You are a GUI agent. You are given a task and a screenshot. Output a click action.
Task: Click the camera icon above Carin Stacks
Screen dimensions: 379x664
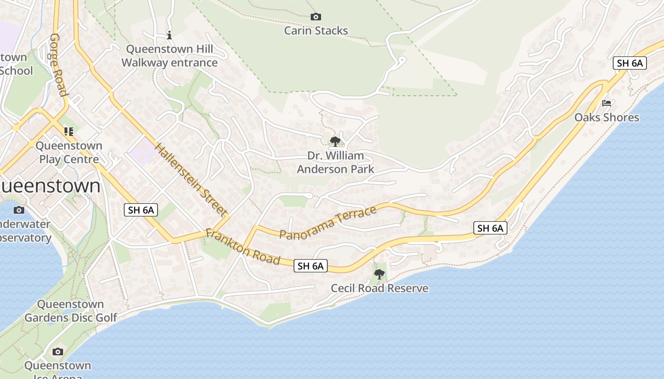tap(315, 17)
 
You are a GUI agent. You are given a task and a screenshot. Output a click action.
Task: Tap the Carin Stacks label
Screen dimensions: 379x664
tap(316, 31)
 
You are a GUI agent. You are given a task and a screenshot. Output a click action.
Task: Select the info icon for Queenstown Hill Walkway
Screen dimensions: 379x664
tap(169, 35)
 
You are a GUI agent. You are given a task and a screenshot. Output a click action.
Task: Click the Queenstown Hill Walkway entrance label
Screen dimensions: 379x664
tap(169, 56)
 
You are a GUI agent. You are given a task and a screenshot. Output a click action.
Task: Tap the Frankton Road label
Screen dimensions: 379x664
tap(243, 246)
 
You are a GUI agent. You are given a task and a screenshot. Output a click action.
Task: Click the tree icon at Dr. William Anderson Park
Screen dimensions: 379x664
tap(335, 141)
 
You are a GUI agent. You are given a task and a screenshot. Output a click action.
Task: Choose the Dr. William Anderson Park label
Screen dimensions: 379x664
tap(335, 162)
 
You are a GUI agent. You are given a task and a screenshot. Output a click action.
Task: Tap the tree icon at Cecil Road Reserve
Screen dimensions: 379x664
tap(379, 274)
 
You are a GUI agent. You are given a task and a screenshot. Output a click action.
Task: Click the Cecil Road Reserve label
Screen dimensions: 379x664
tap(379, 288)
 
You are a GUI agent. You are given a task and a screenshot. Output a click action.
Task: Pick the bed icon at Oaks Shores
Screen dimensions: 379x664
tap(606, 103)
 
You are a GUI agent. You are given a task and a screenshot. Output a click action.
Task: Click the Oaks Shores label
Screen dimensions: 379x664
tap(607, 117)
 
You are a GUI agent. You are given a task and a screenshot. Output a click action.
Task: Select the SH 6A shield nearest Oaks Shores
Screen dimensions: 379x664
tap(630, 63)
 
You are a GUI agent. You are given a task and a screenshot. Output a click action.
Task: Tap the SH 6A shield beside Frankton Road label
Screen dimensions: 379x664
tap(311, 266)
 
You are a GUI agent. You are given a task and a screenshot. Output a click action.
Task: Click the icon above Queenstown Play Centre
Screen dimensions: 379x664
tap(69, 131)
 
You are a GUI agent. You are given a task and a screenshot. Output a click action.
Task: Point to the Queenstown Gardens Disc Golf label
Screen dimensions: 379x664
tap(71, 311)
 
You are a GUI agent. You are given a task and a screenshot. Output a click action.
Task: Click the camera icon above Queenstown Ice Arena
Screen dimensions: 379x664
tap(58, 352)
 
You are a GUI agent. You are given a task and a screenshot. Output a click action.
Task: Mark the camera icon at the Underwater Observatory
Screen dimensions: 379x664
tap(19, 210)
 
